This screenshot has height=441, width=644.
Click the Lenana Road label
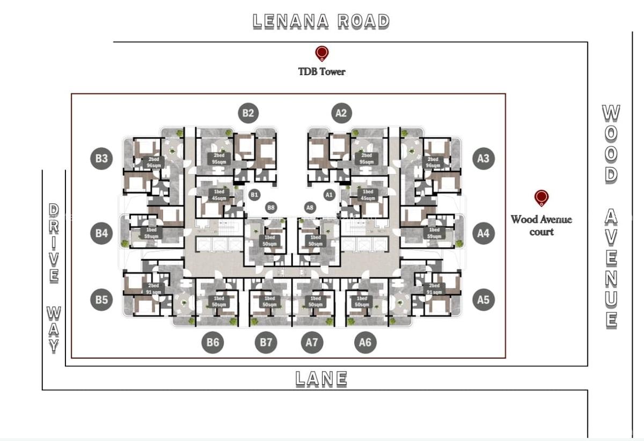coord(321,21)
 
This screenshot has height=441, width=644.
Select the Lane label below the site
coord(321,379)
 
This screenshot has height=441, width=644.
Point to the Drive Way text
coord(54,277)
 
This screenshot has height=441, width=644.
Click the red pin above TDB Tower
coord(321,53)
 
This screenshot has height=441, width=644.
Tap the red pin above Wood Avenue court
coord(541,198)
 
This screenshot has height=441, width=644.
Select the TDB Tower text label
coord(322,71)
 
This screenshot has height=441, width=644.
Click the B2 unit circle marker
coord(248,113)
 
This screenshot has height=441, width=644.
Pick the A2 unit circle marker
coord(341,113)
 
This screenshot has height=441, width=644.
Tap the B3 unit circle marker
coord(102,158)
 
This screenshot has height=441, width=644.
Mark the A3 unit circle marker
coord(483,158)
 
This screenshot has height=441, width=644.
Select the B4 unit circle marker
coord(102,233)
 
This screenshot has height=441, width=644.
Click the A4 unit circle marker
coord(483,233)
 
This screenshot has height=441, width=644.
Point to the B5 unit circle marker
coord(102,299)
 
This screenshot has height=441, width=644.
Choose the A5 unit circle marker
coord(483,299)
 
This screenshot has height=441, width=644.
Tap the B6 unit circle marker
coord(213,342)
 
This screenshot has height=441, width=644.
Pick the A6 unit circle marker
coord(365,342)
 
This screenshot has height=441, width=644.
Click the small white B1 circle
coord(254,194)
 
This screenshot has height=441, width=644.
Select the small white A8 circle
coord(309,207)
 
